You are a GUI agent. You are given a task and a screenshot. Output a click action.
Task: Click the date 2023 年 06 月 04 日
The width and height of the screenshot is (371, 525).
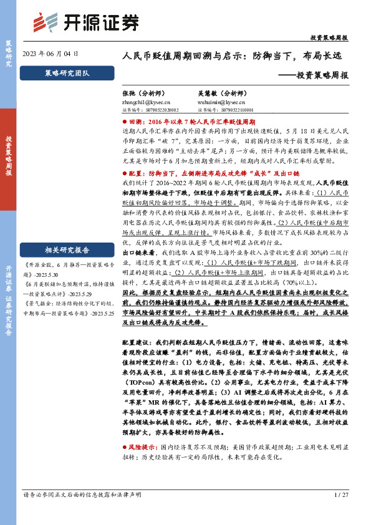pyautogui.click(x=50, y=54)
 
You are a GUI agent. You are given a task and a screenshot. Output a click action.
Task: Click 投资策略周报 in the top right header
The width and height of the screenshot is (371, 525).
pyautogui.click(x=329, y=38)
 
